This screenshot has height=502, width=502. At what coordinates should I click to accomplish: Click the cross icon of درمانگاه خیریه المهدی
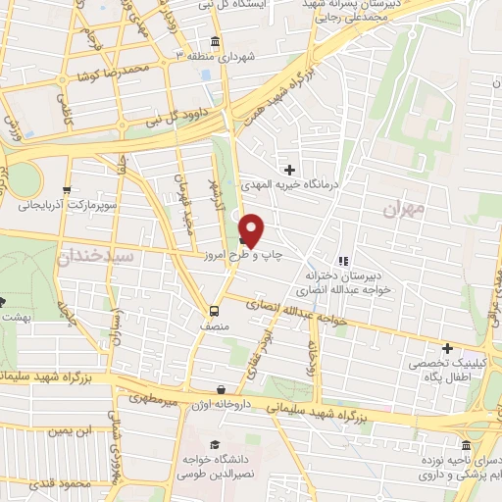[289, 171]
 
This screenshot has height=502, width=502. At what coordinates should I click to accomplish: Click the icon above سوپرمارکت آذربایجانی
[66, 190]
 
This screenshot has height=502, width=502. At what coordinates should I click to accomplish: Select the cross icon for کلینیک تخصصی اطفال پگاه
[448, 347]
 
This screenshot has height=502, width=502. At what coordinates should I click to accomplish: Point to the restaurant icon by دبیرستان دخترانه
[342, 261]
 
